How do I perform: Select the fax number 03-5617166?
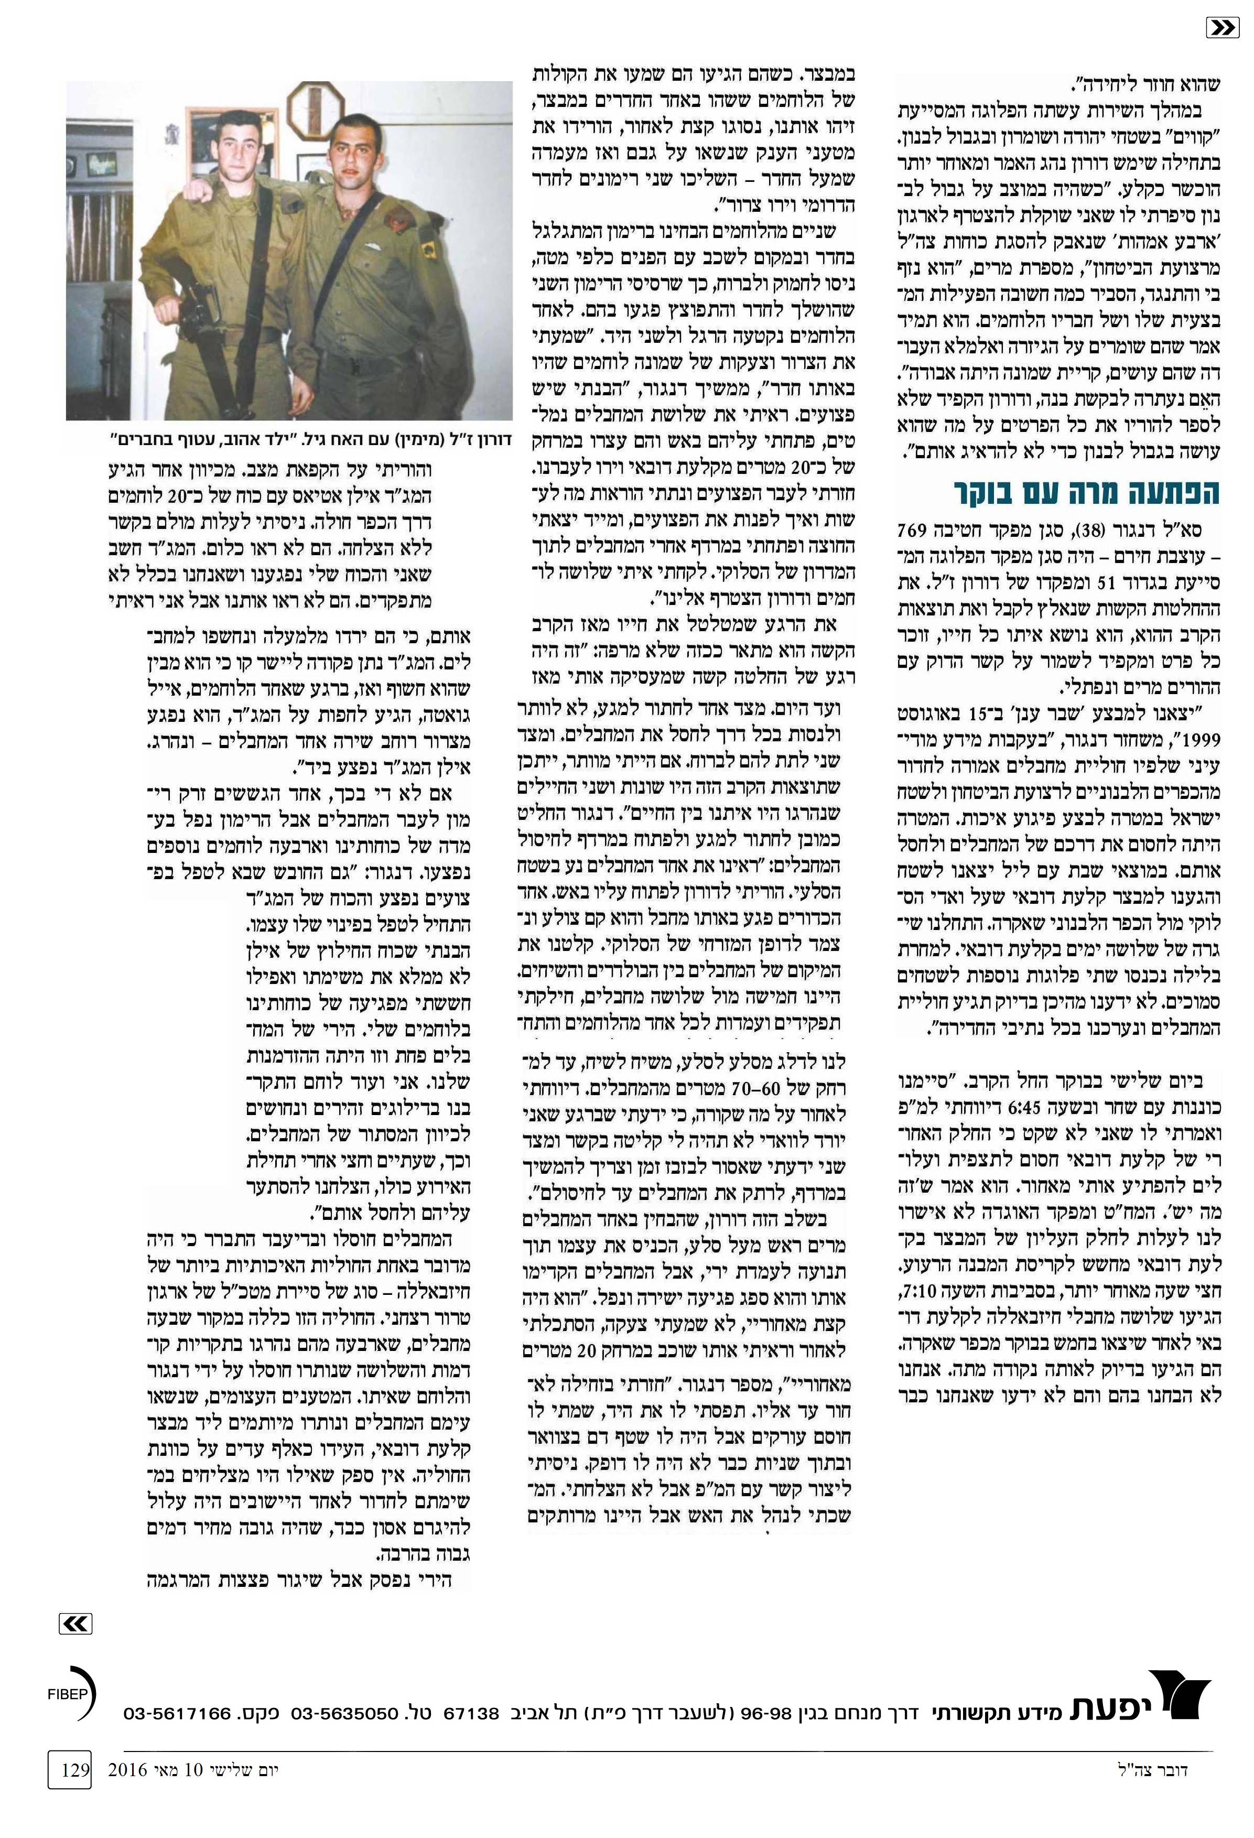(x=178, y=1714)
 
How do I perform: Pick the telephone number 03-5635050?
(x=345, y=1714)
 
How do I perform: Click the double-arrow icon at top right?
(x=1223, y=28)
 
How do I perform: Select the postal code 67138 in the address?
(x=471, y=1714)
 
